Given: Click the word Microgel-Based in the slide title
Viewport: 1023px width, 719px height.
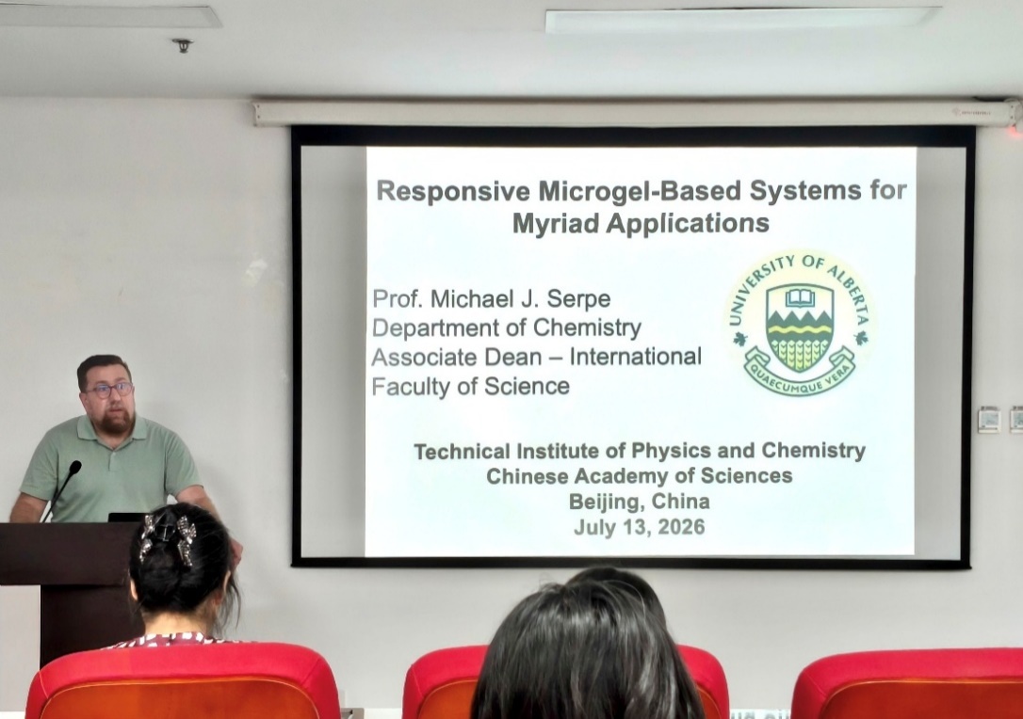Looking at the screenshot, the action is coord(641,191).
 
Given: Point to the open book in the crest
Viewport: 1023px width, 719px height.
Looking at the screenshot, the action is coord(799,298).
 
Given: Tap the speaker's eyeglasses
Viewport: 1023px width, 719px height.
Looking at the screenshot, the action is coord(109,390).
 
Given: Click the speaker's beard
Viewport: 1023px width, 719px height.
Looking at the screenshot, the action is coord(116,423).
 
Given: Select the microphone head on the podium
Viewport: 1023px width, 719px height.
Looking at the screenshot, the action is coord(75,468).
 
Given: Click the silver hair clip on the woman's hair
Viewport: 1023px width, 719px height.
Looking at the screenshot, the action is coord(168,535).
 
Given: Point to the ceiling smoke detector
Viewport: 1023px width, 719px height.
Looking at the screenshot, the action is coord(182,45).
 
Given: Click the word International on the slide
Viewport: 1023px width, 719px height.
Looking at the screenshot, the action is coord(636,357).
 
